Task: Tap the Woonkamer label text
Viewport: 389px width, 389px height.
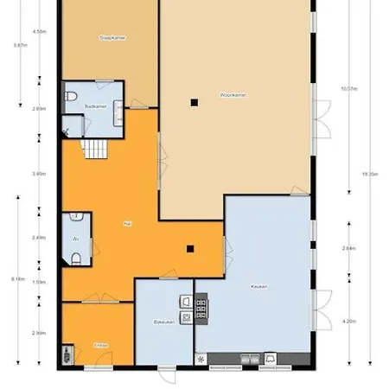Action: tap(233, 94)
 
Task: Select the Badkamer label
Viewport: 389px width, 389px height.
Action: tap(96, 106)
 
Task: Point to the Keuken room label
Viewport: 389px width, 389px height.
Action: tap(258, 285)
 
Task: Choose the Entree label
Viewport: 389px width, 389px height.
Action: tap(100, 345)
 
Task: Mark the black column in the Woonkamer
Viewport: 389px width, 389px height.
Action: tap(194, 103)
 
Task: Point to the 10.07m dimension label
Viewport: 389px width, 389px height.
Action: tap(349, 87)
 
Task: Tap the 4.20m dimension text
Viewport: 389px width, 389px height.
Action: tap(349, 322)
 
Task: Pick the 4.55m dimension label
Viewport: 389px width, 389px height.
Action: tap(39, 30)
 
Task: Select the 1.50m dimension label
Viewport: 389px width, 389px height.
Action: tap(39, 282)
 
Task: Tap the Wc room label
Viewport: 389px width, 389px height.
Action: tap(77, 238)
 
